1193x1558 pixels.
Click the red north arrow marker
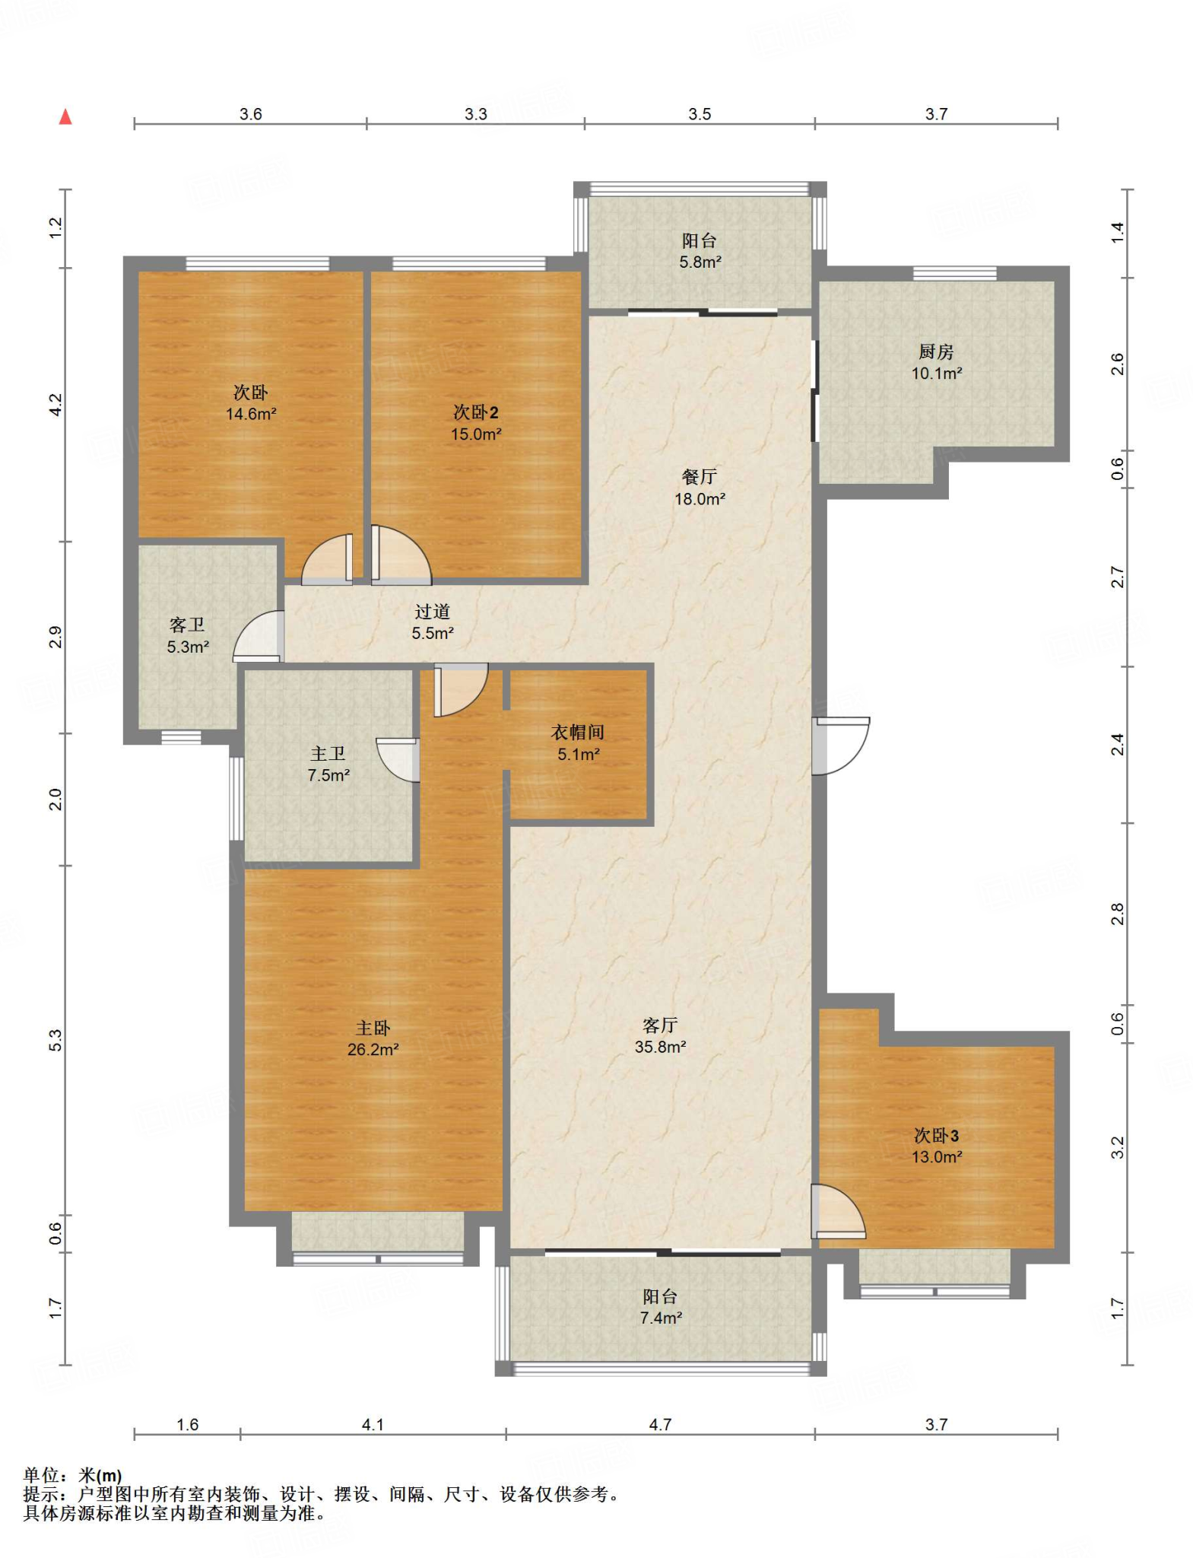[x=66, y=116]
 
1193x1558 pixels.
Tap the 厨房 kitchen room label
[x=936, y=352]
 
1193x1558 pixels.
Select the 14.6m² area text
[x=251, y=414]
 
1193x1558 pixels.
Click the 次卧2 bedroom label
[x=476, y=412]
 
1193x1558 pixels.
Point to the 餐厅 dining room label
[x=700, y=477]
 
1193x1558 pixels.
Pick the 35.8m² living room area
[x=661, y=1047]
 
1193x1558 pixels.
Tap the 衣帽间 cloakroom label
[x=578, y=733]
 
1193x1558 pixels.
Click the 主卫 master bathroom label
[x=328, y=754]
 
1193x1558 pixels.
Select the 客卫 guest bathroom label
[x=187, y=625]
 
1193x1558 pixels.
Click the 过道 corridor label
[x=433, y=612]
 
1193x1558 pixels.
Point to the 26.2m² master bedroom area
[x=373, y=1050]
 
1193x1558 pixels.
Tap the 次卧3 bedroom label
[x=936, y=1136]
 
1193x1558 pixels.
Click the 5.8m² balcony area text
[x=700, y=262]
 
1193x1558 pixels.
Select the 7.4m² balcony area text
[x=661, y=1318]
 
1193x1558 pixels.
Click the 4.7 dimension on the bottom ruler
[x=660, y=1425]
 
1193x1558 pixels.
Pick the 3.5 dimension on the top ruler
[x=700, y=114]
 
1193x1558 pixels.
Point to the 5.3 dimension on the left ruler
[x=56, y=1041]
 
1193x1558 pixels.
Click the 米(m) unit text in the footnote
[x=100, y=1477]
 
